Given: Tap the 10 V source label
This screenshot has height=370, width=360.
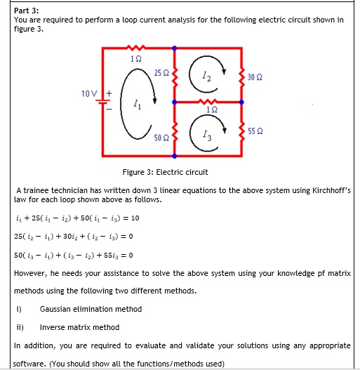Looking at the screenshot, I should (87, 93).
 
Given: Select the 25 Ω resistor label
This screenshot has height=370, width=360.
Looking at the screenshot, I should (161, 72).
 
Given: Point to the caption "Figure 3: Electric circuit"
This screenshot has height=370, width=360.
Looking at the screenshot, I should (165, 172).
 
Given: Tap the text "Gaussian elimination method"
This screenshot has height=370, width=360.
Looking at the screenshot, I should (91, 309).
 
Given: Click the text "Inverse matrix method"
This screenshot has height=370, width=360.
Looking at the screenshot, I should (79, 327).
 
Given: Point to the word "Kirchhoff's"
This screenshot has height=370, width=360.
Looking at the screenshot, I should (326, 191).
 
